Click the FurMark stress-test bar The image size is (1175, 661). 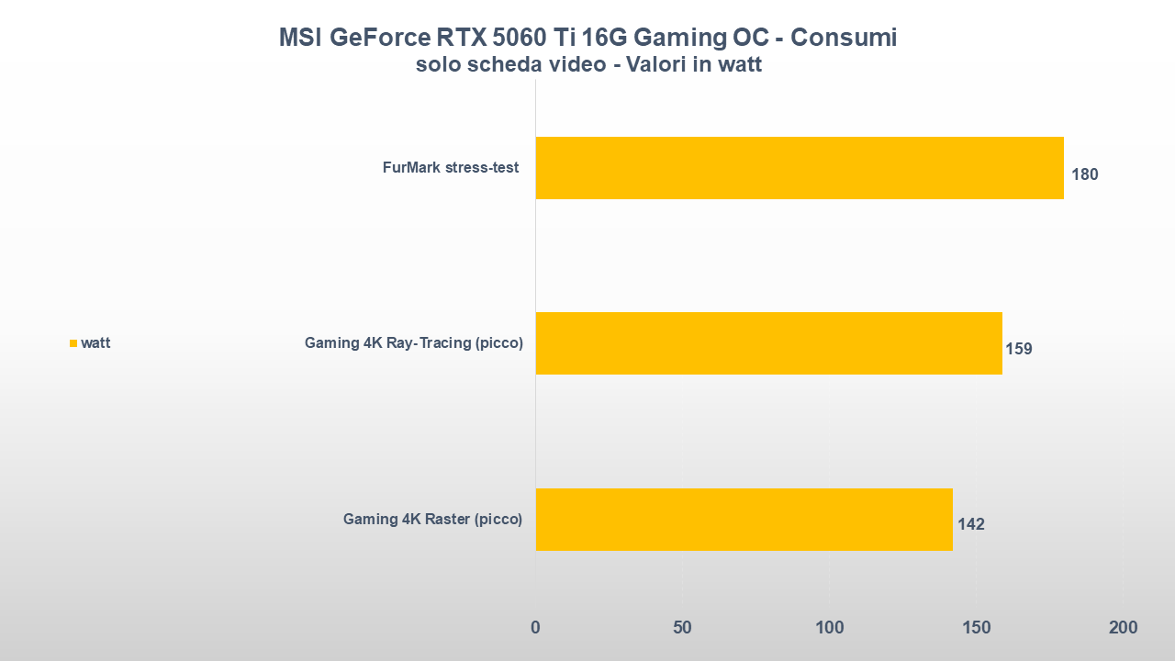click(799, 168)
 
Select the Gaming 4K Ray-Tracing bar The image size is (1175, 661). click(768, 343)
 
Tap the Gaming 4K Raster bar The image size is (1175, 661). click(744, 519)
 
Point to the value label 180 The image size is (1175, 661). click(1084, 174)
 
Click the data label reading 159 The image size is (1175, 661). click(1019, 349)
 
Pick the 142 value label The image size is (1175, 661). click(970, 524)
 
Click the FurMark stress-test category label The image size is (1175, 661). click(451, 168)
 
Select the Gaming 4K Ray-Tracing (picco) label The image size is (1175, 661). click(414, 343)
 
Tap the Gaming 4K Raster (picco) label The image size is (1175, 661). click(432, 519)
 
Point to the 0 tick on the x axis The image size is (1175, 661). click(535, 628)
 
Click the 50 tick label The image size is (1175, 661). click(682, 628)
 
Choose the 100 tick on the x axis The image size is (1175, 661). click(829, 628)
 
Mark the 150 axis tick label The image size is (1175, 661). click(976, 628)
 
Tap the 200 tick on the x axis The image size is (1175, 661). click(1123, 628)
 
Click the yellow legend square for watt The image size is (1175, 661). click(73, 343)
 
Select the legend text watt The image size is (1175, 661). click(95, 343)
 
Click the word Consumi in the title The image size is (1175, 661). click(843, 38)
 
